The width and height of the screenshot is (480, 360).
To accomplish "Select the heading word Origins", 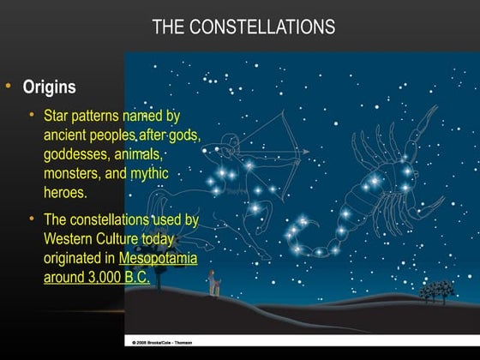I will [49, 87].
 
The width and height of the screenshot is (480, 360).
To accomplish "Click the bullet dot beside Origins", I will [8, 87].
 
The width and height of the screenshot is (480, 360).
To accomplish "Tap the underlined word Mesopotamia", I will [159, 258].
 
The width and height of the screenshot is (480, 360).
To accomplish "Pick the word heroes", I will [65, 193].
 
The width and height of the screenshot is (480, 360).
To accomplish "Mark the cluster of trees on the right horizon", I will [437, 291].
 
